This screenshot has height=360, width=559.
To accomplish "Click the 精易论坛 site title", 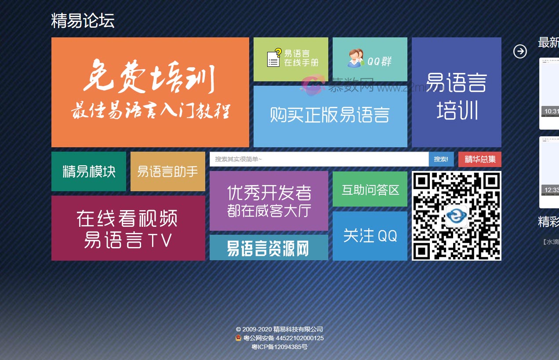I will coord(83,21).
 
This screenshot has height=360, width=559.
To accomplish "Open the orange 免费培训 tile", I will coord(150,92).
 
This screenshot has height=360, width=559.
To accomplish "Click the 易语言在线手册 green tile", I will coord(290,59).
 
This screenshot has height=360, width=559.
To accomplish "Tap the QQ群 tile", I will coord(370,59).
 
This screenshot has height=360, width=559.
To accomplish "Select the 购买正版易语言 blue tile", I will coord(330,116).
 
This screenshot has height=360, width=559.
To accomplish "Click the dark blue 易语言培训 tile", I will coord(456,92).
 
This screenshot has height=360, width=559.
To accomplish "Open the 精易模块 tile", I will coord(89,171).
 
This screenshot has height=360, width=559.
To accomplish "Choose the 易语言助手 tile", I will coord(167,171).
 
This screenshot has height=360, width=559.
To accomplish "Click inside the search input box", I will coord(319,159).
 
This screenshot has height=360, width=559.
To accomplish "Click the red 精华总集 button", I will coord(479,159).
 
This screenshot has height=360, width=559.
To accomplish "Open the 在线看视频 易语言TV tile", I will coord(128,228).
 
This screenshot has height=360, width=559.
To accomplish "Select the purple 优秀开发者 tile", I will coord(269,201).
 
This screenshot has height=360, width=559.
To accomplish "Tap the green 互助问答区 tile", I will coord(370,189).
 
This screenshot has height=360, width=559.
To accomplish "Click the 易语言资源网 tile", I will coord(269,248).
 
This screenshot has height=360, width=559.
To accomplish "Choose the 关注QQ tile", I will coord(370,236).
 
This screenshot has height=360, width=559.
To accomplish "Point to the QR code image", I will coord(456,216).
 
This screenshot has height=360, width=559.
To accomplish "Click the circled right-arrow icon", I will coord(520,51).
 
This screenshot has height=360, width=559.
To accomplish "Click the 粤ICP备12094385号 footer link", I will coord(279,347).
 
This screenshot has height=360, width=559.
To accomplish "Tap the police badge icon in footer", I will coord(238,338).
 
